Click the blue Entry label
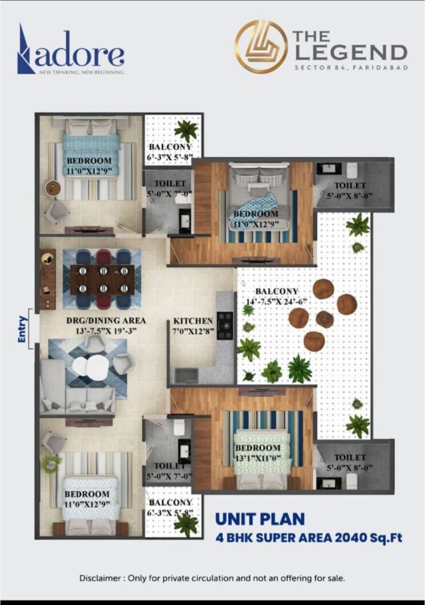coord(23,329)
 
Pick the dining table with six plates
coord(102,280)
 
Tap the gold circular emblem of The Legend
coord(261,47)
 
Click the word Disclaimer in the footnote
coord(101,578)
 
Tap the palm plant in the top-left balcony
coord(186,130)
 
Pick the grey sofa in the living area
coord(77,394)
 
